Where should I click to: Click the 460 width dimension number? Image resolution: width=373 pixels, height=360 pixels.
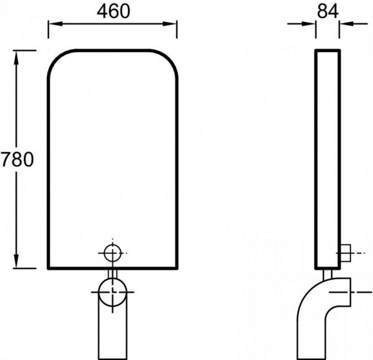tap(113, 11)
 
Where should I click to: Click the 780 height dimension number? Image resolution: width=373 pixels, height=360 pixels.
tap(17, 159)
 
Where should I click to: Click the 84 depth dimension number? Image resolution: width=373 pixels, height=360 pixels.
tap(328, 11)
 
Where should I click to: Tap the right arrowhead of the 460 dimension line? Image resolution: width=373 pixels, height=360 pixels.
tap(170, 24)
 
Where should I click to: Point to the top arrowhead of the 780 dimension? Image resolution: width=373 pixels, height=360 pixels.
tap(16, 58)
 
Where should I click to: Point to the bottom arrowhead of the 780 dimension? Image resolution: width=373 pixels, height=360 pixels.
tap(16, 261)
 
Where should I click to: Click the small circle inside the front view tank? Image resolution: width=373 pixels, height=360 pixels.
tap(113, 253)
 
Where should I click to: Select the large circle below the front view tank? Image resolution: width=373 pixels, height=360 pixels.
tap(113, 292)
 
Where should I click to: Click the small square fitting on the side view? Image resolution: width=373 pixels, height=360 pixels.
tap(346, 252)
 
